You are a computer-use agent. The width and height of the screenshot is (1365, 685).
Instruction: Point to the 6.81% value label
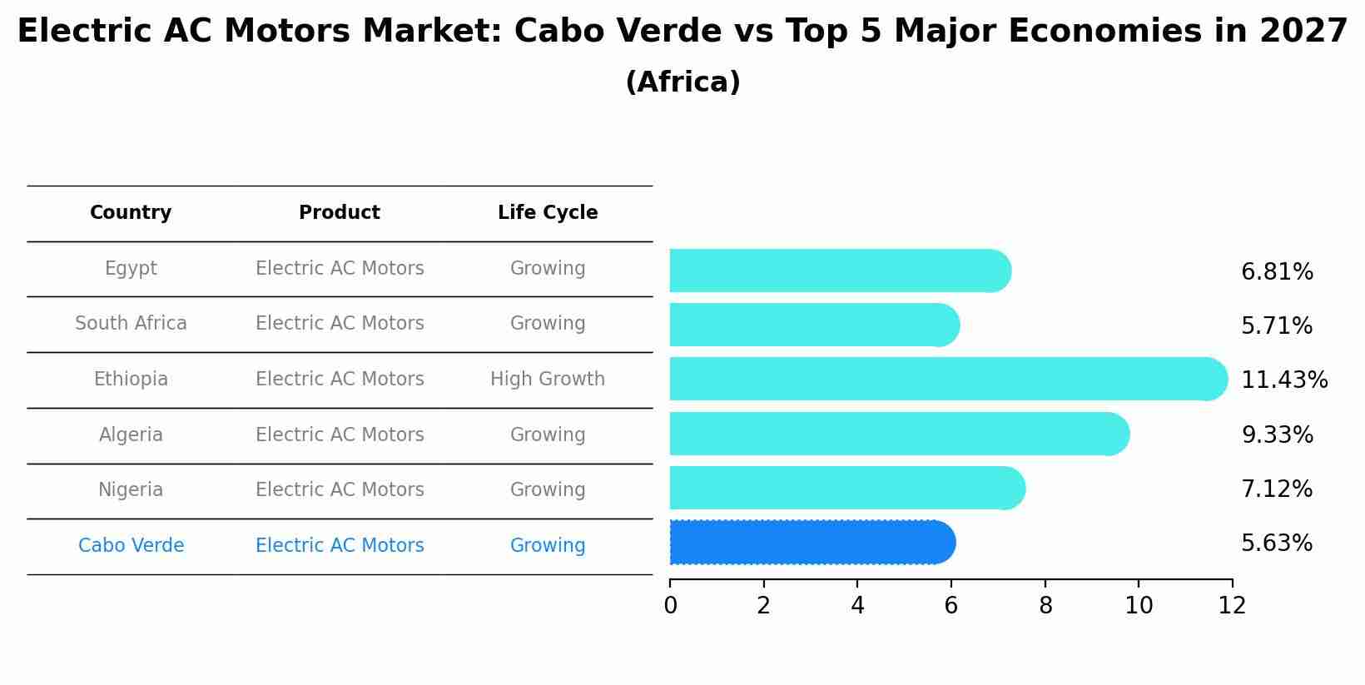[x=1277, y=272]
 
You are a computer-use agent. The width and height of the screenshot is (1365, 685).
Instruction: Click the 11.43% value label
[x=1284, y=380]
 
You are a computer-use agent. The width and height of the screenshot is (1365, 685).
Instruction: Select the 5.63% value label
[x=1277, y=544]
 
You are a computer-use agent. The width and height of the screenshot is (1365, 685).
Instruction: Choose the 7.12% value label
[x=1277, y=489]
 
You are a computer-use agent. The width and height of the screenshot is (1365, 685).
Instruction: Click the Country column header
[x=131, y=213]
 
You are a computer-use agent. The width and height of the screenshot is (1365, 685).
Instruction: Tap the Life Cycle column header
[x=548, y=213]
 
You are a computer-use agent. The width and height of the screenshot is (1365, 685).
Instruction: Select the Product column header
[x=340, y=213]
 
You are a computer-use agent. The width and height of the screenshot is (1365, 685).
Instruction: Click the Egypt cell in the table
[x=131, y=269]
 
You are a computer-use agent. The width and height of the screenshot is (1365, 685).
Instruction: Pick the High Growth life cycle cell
[x=548, y=380]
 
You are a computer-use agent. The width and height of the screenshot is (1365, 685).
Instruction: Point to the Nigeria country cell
[x=131, y=490]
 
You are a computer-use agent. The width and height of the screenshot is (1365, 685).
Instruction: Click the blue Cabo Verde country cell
[x=131, y=546]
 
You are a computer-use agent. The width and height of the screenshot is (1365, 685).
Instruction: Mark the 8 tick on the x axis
[x=1045, y=606]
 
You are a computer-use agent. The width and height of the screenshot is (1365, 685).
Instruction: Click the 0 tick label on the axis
[x=670, y=606]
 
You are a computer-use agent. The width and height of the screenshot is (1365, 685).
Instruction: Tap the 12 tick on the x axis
[x=1232, y=606]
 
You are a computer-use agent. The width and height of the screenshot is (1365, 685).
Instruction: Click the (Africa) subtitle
[x=682, y=82]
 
